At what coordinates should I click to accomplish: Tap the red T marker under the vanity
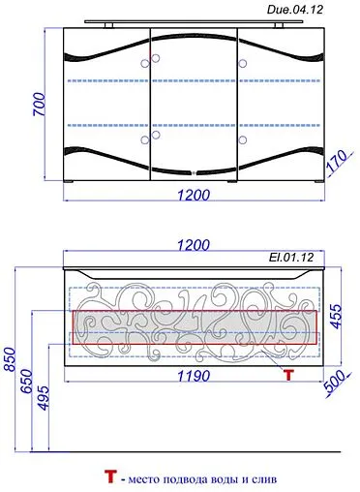coord(287,373)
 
